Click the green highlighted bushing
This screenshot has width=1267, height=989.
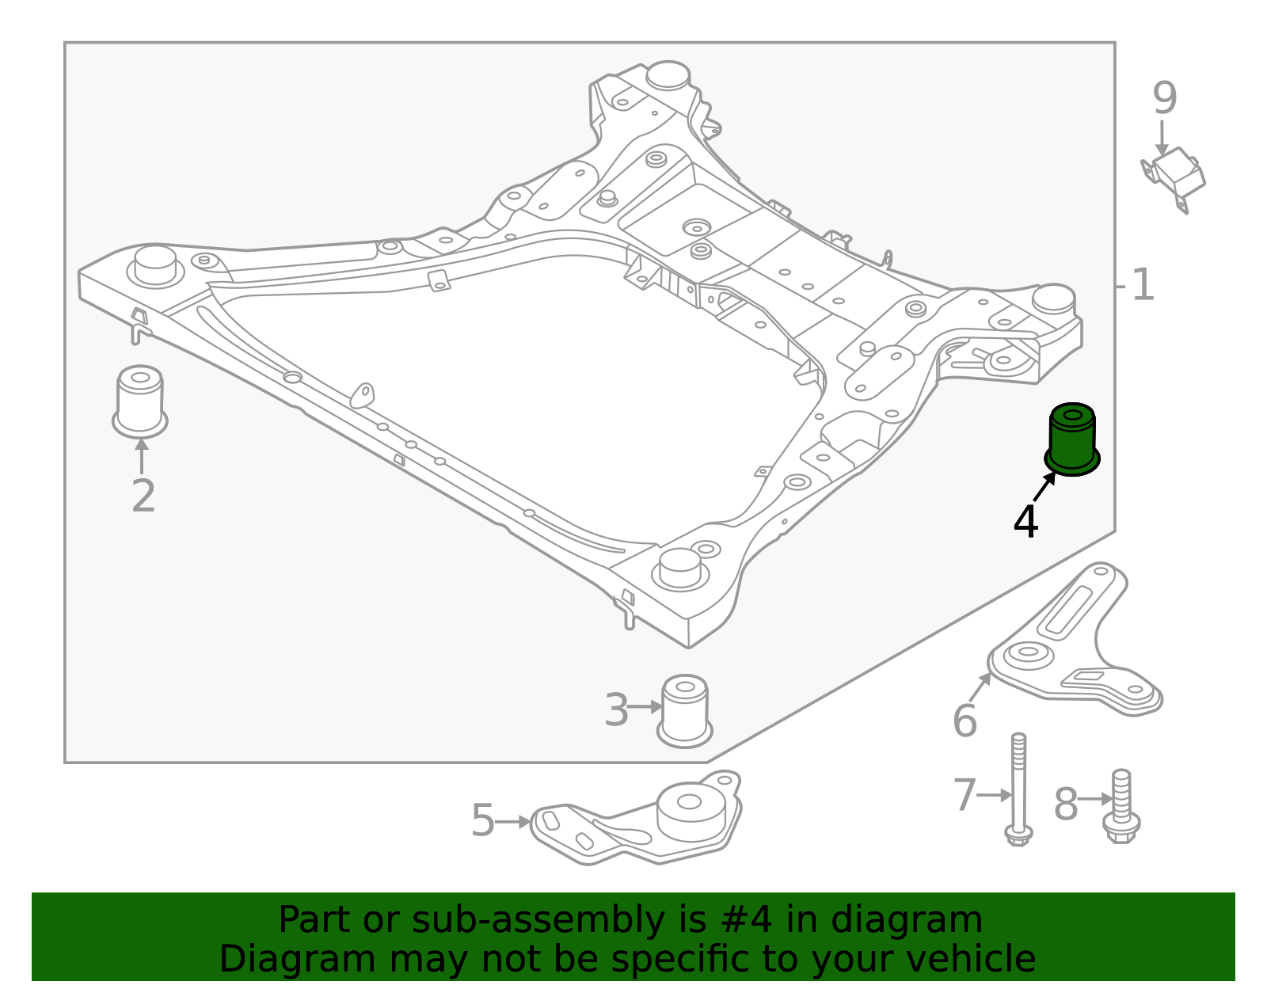point(1072,440)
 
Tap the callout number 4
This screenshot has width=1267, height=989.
point(1025,523)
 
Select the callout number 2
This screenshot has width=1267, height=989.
point(143,496)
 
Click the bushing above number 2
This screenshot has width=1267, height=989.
point(140,401)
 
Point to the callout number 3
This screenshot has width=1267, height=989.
point(616,709)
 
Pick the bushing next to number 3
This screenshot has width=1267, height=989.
point(685,710)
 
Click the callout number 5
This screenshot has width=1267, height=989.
point(482,820)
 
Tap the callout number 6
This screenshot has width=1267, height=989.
point(965,721)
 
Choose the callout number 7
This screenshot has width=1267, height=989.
point(965,795)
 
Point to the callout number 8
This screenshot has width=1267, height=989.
point(1066,805)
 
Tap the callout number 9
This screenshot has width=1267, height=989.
point(1165,99)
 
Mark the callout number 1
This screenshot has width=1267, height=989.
point(1142,285)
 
